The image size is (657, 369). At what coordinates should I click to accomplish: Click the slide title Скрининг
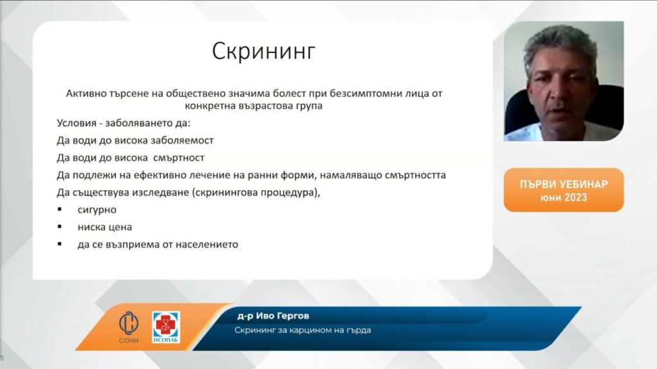[264, 52]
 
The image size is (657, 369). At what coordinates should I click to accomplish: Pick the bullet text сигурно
[97, 209]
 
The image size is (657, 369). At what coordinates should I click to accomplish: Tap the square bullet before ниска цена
[60, 226]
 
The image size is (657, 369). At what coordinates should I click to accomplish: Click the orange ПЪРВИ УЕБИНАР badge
[563, 190]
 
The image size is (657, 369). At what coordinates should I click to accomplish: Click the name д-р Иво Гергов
[273, 316]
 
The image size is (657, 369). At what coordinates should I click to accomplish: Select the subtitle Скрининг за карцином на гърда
[303, 330]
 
